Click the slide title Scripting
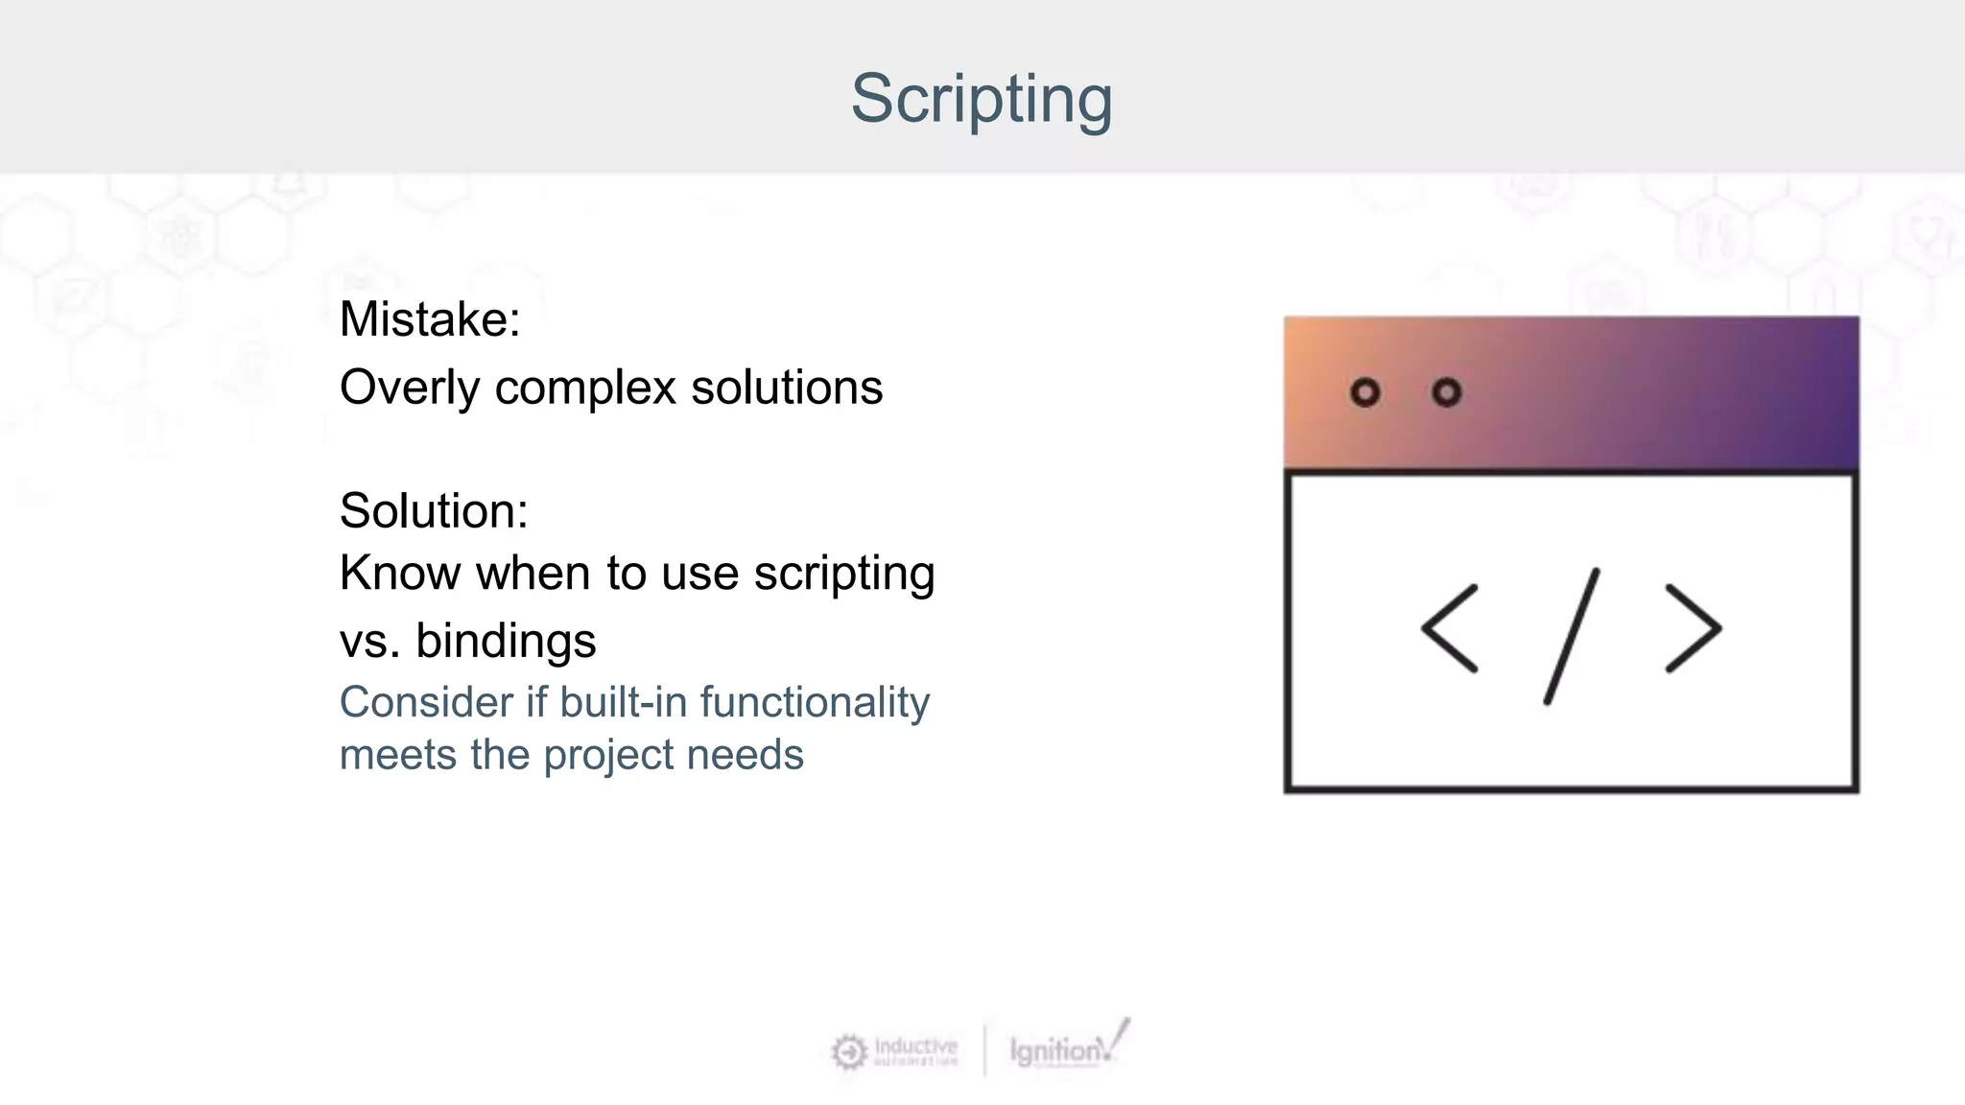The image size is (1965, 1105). [981, 99]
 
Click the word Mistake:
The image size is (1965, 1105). [429, 319]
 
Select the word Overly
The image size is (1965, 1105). [410, 388]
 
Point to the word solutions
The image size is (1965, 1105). [786, 388]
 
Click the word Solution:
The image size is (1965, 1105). [433, 510]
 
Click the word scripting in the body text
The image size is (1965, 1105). [843, 575]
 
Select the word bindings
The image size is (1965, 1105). [506, 641]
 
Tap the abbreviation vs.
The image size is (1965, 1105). [369, 642]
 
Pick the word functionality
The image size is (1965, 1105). [815, 703]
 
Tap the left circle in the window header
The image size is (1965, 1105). [1364, 392]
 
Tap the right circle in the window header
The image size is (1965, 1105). [1446, 392]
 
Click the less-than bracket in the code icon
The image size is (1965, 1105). [1450, 628]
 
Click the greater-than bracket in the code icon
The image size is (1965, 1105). [1693, 628]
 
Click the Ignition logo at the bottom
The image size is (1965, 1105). [1065, 1048]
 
